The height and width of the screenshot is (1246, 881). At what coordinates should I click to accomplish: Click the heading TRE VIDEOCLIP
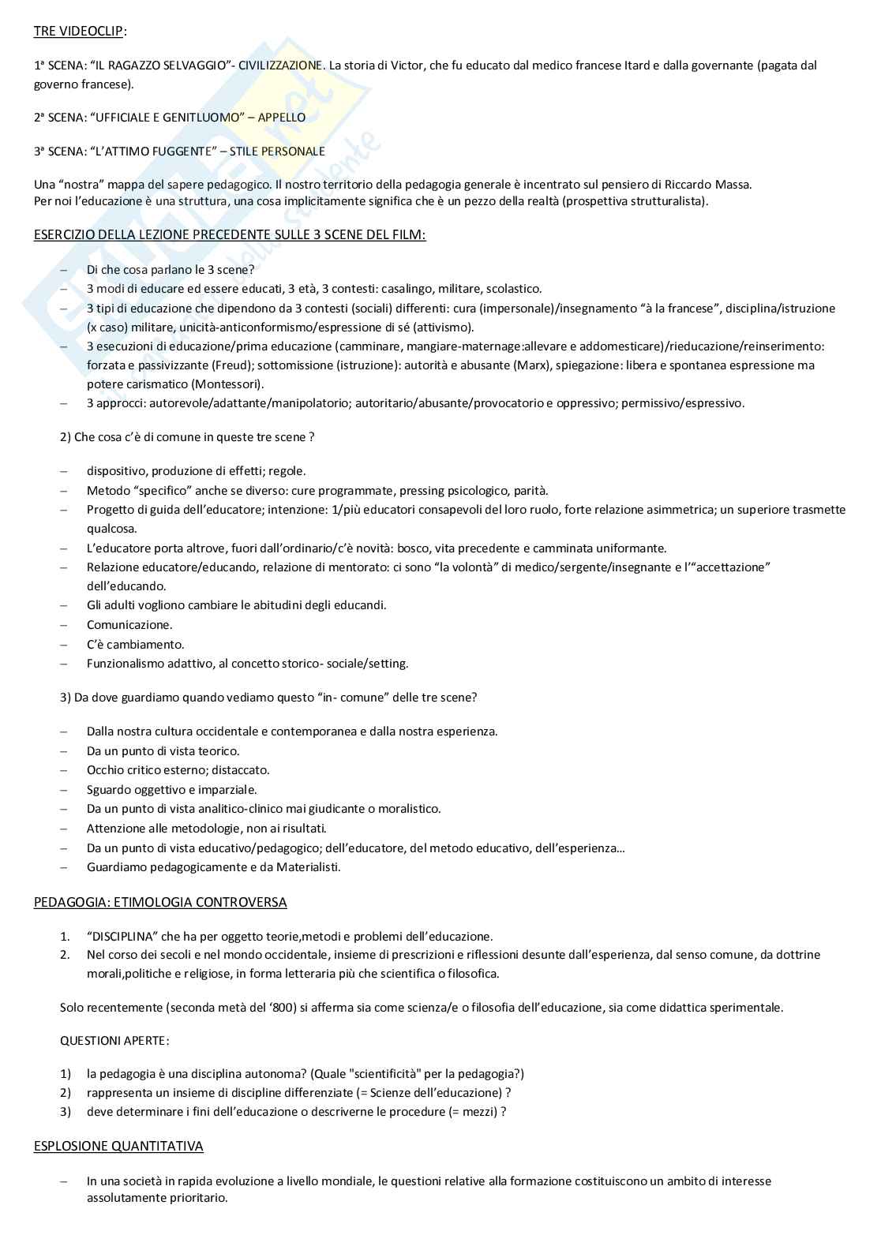click(79, 32)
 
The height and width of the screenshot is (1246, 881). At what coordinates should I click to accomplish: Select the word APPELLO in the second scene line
click(281, 118)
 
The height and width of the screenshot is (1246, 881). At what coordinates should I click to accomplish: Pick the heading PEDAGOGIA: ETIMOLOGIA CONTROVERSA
click(160, 902)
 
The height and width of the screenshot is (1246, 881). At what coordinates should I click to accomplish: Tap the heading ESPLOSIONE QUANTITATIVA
click(118, 1146)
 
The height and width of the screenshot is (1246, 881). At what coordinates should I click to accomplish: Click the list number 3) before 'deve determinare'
click(66, 1112)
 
